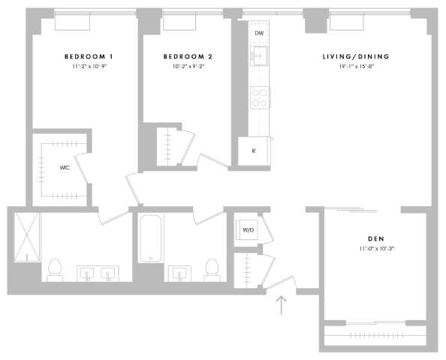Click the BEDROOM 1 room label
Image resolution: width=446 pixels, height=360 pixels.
coord(89,57)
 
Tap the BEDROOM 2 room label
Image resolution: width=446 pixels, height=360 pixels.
coord(188,57)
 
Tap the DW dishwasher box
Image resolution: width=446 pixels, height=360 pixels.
coord(259,34)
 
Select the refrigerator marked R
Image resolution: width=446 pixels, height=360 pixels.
coord(254,151)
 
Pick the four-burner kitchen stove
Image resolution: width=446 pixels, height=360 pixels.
coord(260,97)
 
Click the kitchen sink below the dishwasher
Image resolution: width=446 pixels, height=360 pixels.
coord(260,56)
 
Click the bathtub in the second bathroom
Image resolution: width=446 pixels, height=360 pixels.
coord(151,238)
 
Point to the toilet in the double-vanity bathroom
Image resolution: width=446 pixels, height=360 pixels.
coord(55,268)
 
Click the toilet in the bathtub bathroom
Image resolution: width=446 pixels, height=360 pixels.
coord(212,268)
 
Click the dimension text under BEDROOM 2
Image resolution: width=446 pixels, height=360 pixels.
coord(188,67)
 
